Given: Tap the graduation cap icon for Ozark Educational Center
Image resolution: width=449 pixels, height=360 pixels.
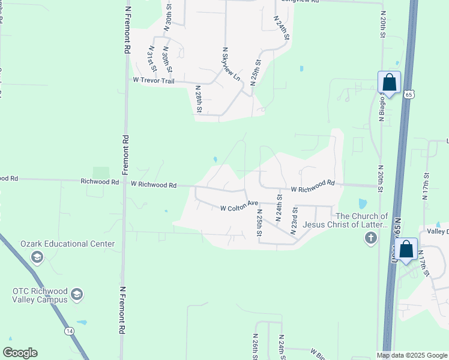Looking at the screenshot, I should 37,258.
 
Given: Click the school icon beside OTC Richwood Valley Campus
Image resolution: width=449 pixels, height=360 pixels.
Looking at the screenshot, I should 77,295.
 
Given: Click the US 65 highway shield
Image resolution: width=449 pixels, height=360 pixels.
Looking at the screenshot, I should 409,94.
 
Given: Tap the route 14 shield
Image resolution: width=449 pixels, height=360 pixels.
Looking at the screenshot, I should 70,331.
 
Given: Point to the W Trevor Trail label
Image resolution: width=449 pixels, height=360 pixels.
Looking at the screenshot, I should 153,81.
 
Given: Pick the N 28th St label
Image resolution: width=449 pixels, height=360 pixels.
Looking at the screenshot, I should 199,99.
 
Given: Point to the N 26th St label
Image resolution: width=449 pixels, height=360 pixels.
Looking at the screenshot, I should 255,346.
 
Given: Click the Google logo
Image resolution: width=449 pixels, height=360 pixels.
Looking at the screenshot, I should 20,353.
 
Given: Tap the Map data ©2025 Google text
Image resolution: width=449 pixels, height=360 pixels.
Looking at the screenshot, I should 412,355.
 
